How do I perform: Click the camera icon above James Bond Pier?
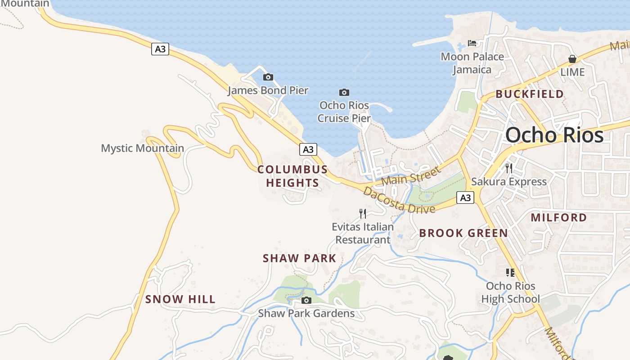268,77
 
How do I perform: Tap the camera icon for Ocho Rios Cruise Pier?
344,92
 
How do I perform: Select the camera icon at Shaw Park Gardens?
306,300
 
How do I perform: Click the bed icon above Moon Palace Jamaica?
472,43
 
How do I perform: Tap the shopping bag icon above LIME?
572,59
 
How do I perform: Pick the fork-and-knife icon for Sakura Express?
509,168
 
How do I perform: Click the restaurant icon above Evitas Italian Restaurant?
363,213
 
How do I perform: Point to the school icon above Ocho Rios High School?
510,272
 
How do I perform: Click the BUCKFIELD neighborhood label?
530,94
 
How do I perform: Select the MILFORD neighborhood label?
559,218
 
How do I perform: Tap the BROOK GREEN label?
463,233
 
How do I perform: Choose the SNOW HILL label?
180,299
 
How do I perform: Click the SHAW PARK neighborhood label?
300,258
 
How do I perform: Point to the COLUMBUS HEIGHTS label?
292,176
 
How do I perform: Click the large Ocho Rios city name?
554,135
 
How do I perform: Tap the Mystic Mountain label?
142,148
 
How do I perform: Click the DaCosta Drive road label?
399,201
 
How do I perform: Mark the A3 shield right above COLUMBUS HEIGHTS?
308,149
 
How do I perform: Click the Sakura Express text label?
509,182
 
